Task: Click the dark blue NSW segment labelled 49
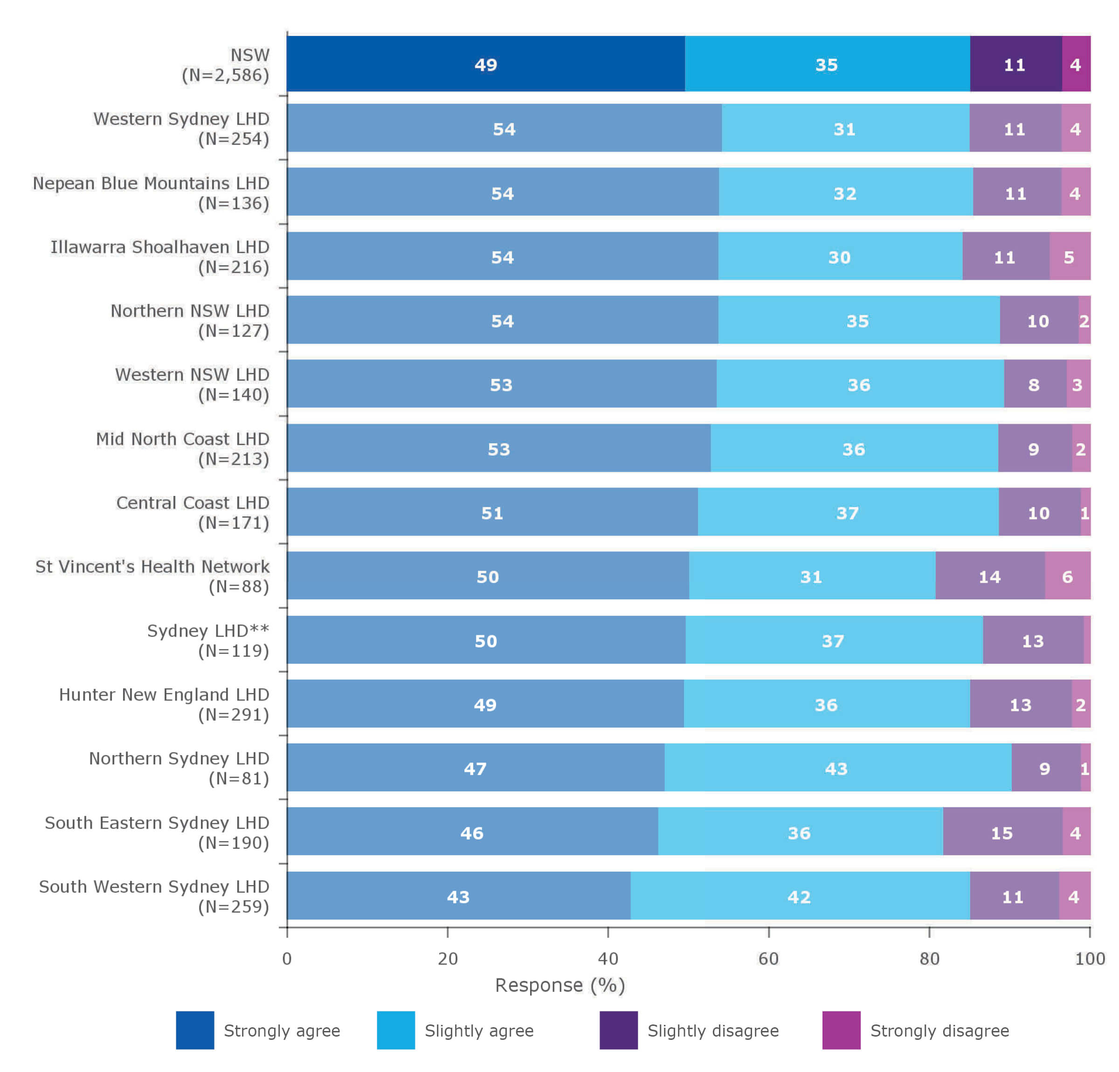(485, 64)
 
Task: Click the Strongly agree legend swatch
(195, 1031)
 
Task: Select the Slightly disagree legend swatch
(618, 1031)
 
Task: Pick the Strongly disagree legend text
(939, 1031)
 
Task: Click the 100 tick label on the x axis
(1089, 958)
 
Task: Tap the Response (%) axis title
(560, 986)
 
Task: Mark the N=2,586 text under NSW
(226, 76)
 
